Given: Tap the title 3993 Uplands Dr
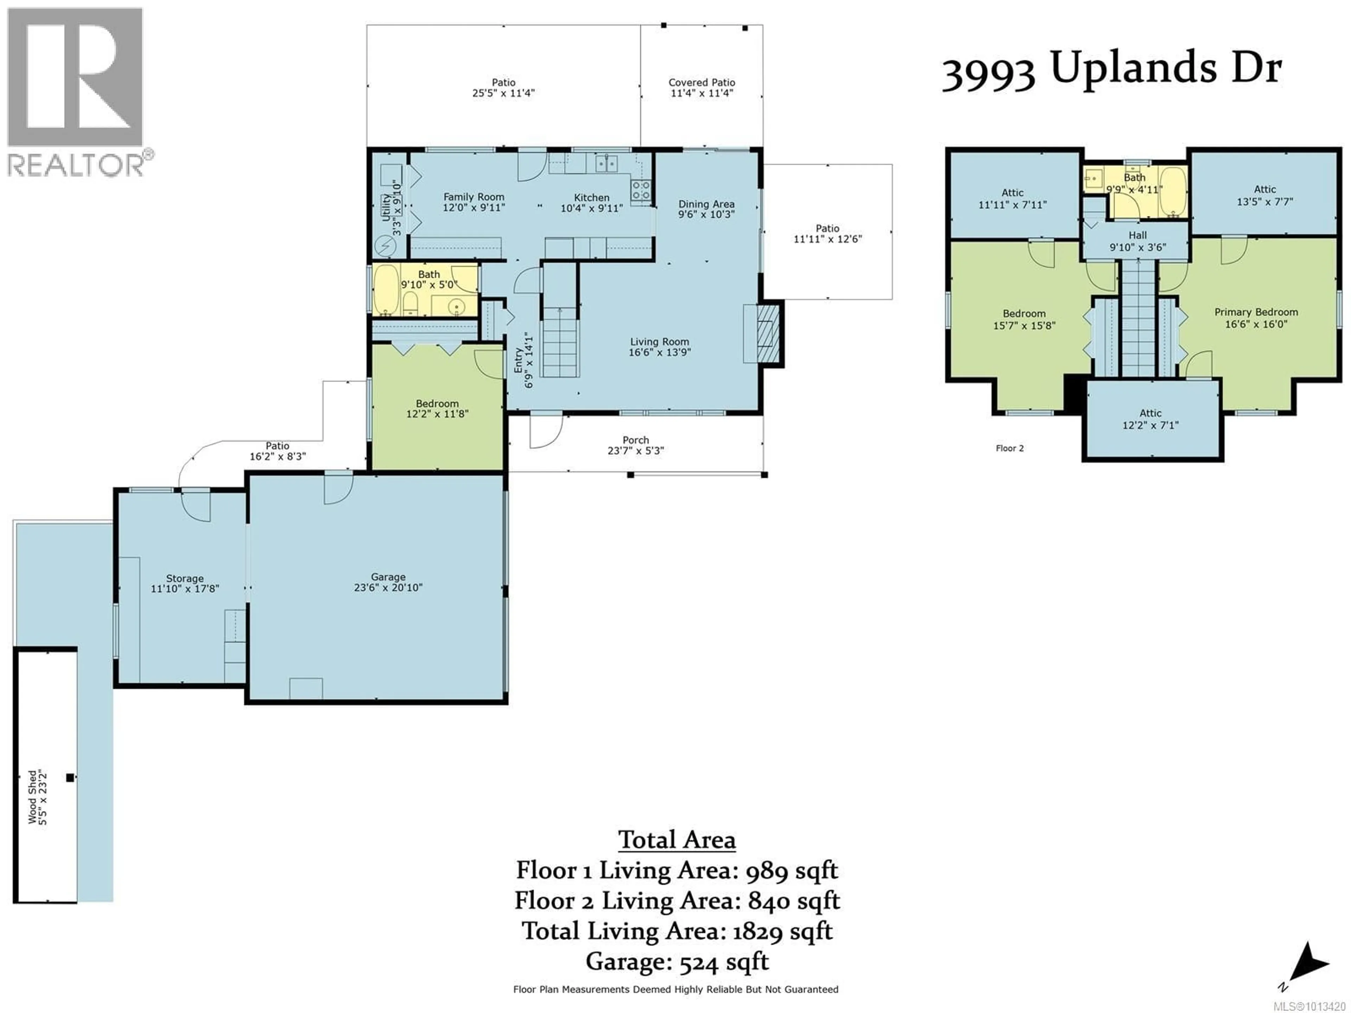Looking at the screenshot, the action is coord(1111,70).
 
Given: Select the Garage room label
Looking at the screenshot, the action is coord(388,577).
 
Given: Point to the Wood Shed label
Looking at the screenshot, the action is coord(32,797).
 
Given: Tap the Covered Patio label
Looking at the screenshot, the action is coord(702,82).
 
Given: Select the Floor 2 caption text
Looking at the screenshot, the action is coord(1010,448).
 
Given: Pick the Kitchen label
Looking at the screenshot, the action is coord(591,198).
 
